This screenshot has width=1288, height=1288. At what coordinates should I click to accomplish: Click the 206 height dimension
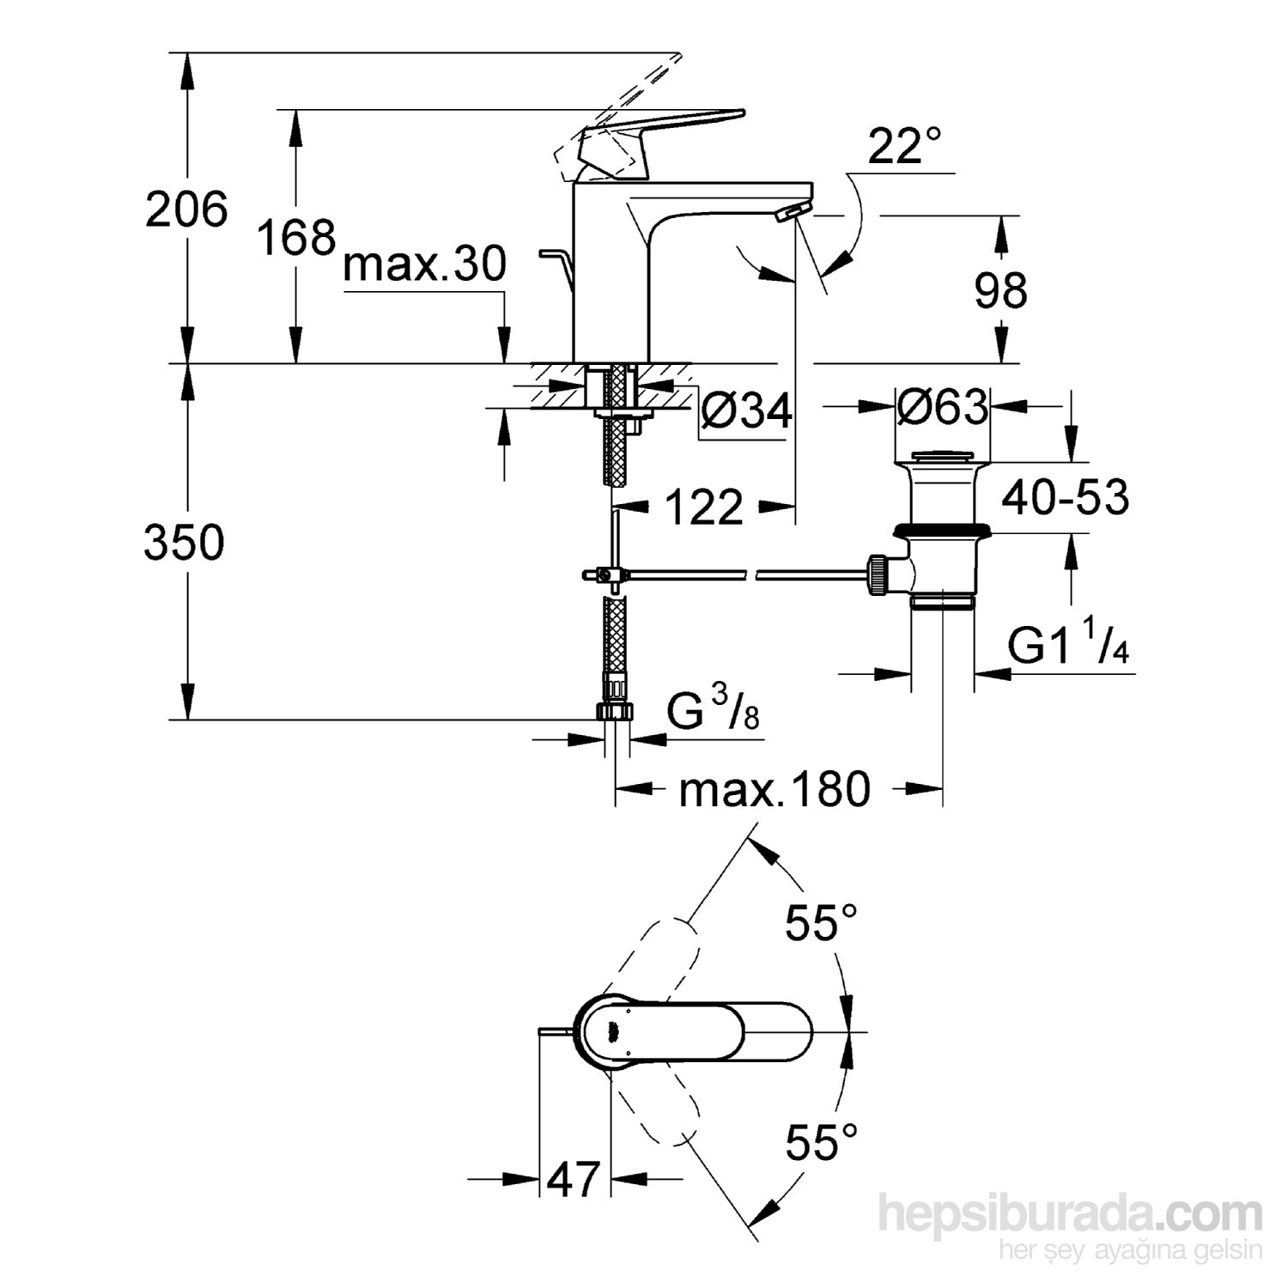tap(186, 210)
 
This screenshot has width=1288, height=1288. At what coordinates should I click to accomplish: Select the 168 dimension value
tap(296, 237)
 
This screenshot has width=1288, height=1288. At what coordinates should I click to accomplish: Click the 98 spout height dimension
tap(1000, 291)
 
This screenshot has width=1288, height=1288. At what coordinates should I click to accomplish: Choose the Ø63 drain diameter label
tap(942, 406)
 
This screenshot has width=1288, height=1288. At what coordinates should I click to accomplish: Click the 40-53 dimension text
tap(1066, 498)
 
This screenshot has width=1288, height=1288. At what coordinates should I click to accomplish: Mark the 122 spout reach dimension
tap(703, 508)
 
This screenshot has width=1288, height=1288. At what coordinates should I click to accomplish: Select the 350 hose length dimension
tap(184, 543)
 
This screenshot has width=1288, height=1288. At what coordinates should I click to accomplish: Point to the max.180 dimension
tap(775, 789)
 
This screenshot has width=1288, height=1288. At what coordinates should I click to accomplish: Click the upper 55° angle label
tap(821, 924)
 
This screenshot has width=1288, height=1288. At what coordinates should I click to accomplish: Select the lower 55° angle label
tap(821, 1142)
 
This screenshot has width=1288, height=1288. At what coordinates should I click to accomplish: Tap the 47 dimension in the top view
tap(574, 1180)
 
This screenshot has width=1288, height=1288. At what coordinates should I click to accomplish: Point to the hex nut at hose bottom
tap(614, 712)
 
